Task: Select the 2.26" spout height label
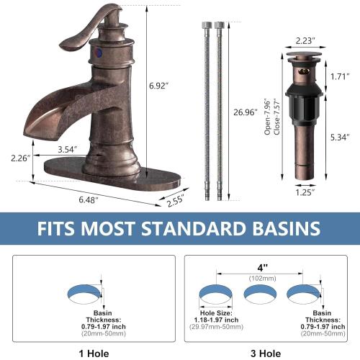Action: pos(19,158)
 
